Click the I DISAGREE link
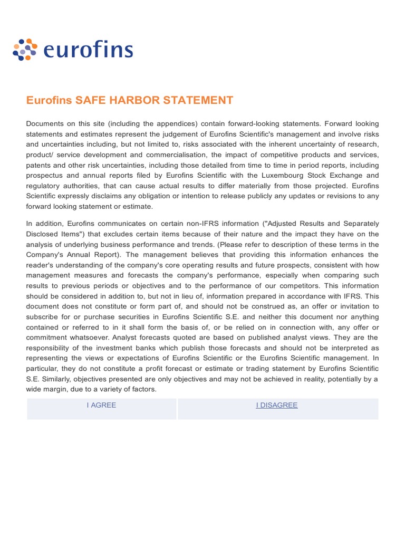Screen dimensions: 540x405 click(x=277, y=405)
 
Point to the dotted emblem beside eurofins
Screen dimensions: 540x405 click(x=25, y=50)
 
